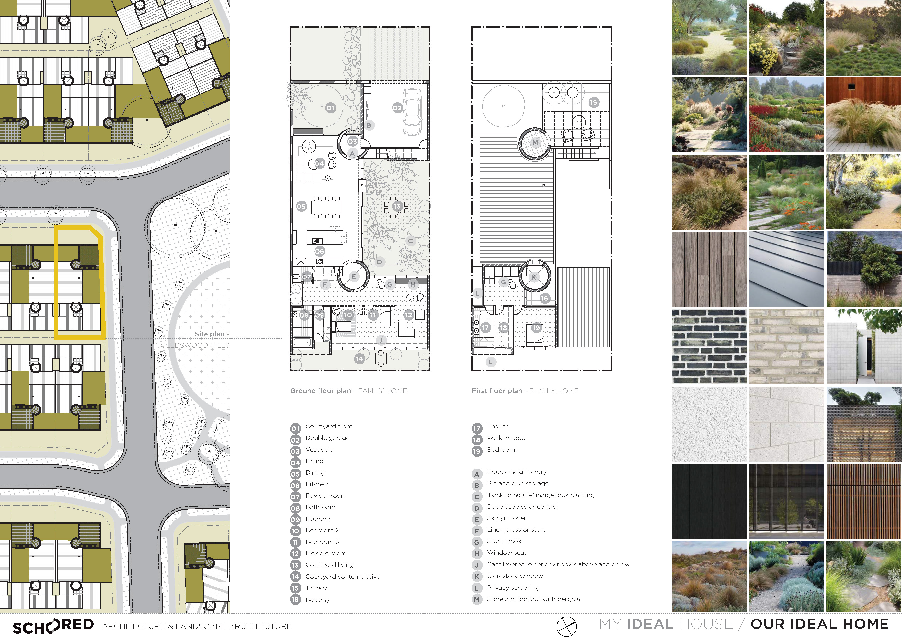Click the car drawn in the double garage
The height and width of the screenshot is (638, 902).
[412, 112]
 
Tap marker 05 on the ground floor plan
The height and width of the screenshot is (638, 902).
[301, 206]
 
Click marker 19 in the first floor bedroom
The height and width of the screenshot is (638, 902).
[536, 328]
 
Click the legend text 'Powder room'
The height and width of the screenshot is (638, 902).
[326, 496]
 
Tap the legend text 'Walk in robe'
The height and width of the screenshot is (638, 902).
[506, 438]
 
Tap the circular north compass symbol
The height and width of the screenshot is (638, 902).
[566, 626]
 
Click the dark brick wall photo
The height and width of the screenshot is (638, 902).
[709, 346]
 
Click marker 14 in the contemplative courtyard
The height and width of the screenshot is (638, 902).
[359, 359]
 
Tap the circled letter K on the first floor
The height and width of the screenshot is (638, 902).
[533, 277]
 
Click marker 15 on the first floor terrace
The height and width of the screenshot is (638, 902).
[593, 102]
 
